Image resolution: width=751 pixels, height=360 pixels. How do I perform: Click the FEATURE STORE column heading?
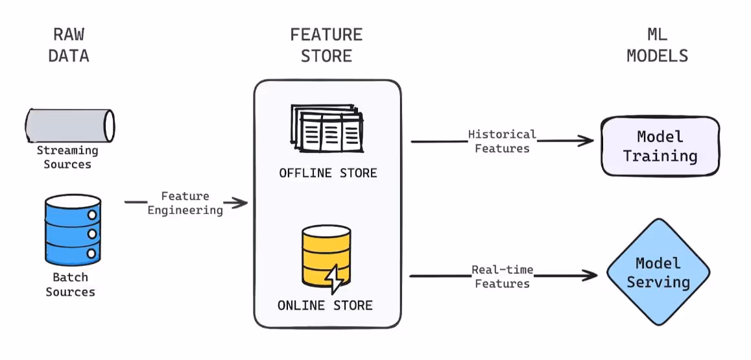tap(326, 45)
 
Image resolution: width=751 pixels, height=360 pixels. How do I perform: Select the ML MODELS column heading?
tap(657, 45)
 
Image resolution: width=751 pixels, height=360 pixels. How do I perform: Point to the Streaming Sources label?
tap(67, 157)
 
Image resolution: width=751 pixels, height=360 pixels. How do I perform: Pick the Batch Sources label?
tap(70, 284)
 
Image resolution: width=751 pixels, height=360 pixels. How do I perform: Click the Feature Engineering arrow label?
tap(185, 202)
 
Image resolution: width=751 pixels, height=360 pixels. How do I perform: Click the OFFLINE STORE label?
tap(328, 173)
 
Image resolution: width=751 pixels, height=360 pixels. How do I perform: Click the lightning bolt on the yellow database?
tap(335, 278)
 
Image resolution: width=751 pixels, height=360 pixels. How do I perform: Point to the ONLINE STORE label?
tap(325, 305)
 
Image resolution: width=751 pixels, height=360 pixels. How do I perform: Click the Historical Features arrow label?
tap(502, 141)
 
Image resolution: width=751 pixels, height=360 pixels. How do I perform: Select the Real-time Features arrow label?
tap(502, 276)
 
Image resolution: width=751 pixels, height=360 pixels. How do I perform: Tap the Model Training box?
tap(660, 147)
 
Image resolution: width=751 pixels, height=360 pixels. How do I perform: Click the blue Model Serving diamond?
tap(658, 272)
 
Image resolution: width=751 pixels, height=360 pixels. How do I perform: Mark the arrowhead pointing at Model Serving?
tap(591, 276)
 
